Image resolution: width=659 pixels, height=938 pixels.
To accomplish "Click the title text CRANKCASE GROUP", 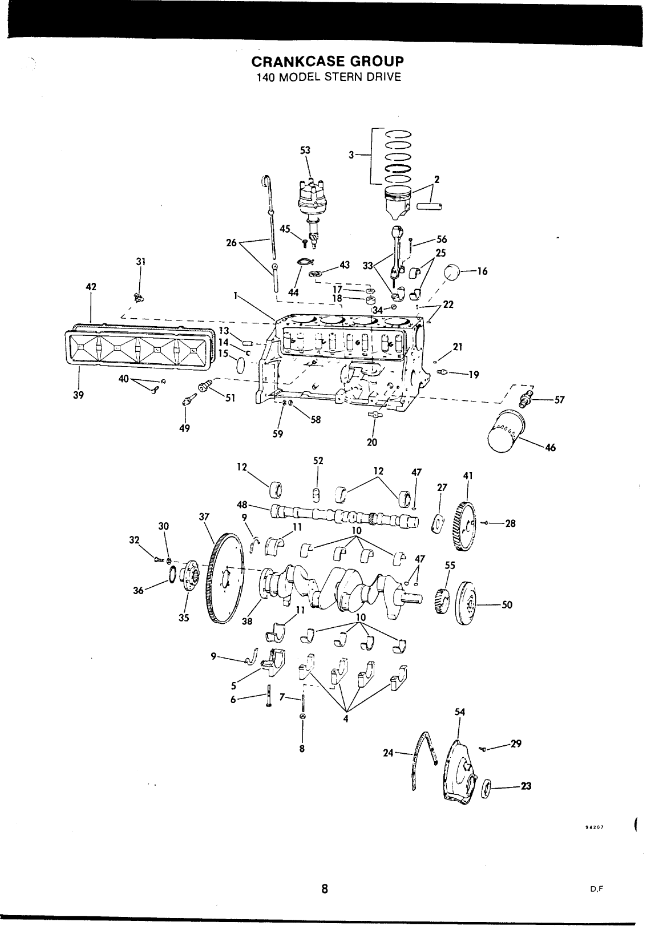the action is [x=328, y=62].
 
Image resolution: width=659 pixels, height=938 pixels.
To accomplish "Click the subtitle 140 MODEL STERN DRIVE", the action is [x=329, y=78].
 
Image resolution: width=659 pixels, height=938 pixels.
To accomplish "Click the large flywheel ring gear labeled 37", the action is [x=225, y=578].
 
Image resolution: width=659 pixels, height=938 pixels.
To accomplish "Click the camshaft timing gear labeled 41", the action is [x=464, y=526].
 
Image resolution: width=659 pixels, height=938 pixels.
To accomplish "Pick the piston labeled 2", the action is [x=398, y=202].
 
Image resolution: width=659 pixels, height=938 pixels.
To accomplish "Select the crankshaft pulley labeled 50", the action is [x=465, y=603].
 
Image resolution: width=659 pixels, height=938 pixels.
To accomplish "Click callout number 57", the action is [x=559, y=400].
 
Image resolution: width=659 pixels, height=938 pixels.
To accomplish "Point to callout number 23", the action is [x=525, y=786].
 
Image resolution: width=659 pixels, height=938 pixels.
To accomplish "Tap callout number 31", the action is [x=141, y=262].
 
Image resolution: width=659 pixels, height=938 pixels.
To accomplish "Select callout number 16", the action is [x=482, y=271].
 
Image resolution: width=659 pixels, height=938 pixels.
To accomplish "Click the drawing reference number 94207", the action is [x=594, y=827].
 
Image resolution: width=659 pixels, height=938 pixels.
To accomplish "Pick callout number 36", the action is [x=138, y=591].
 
